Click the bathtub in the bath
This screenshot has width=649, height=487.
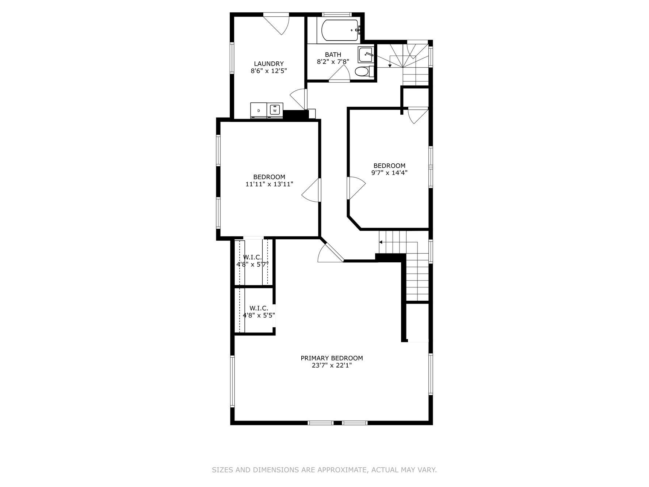pos(339,30)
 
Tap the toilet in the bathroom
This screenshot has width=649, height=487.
pos(363,72)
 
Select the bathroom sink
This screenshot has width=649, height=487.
pos(366,55)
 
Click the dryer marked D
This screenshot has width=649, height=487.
pos(259,110)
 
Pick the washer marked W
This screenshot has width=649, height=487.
pos(275,109)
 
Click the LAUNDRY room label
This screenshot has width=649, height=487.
pos(269,64)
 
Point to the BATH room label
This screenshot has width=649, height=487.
pos(333,55)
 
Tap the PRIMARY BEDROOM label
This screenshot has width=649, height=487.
pos(332,358)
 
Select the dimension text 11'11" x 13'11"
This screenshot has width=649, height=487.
pos(269,184)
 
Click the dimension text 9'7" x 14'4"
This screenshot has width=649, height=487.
pos(389,173)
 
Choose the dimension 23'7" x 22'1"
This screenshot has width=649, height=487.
pos(332,365)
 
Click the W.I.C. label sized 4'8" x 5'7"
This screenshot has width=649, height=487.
pos(252,264)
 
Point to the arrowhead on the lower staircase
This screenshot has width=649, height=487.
pos(381,242)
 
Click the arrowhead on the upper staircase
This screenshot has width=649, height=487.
pos(390,65)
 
